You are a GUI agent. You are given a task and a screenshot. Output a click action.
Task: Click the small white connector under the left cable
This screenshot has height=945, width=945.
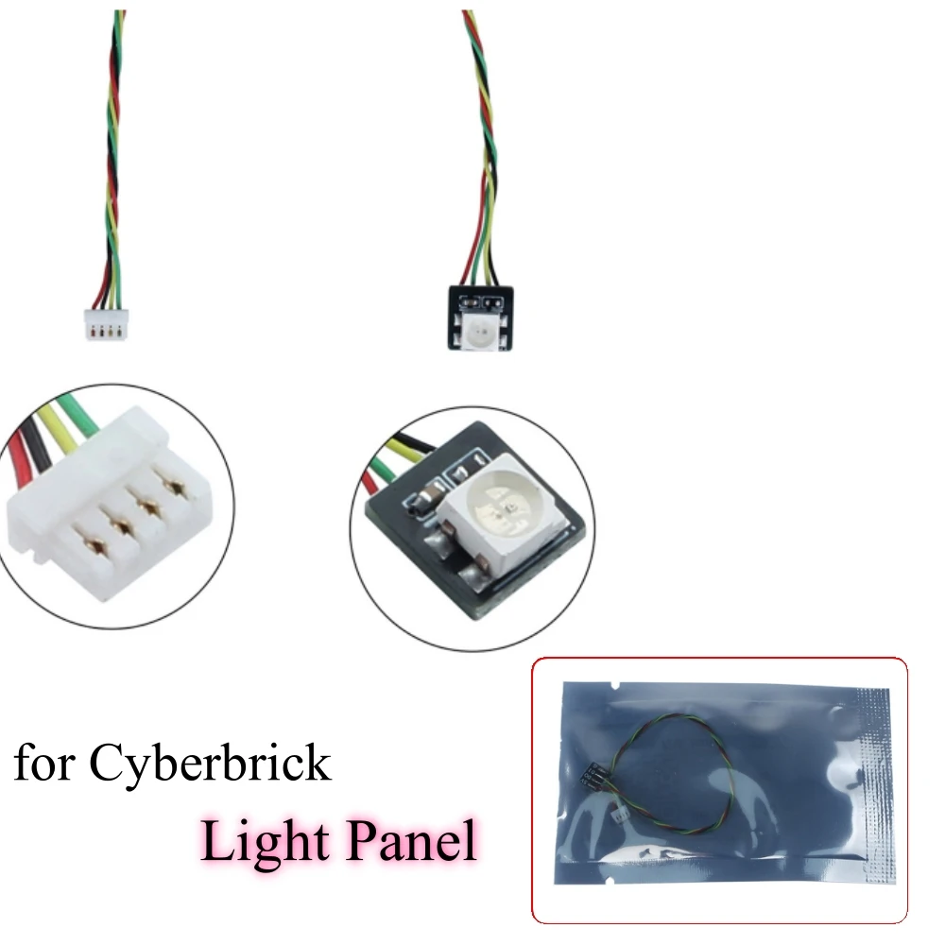pos(106,324)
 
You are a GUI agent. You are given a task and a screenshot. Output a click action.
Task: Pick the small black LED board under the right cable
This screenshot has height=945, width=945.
pos(480,318)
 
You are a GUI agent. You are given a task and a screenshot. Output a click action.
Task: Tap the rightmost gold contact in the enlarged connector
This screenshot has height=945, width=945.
pos(175,482)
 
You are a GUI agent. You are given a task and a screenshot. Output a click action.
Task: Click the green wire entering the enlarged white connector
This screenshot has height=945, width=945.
pos(78,412)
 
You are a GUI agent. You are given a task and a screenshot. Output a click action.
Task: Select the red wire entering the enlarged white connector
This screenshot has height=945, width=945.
pos(18,457)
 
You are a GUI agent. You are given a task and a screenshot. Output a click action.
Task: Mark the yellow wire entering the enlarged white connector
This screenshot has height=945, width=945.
pos(59,428)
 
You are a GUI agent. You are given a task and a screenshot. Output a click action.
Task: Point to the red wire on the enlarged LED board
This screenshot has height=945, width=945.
pos(369,482)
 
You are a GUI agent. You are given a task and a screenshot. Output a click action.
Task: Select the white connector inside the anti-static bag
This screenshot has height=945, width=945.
pos(620,816)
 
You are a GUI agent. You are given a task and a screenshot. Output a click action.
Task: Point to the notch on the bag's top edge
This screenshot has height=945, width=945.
pos(614,686)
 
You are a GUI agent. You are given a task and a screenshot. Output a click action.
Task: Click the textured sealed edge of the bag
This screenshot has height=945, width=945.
pos(875,783)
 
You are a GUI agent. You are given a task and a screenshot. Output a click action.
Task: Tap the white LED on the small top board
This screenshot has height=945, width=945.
pos(480,330)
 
